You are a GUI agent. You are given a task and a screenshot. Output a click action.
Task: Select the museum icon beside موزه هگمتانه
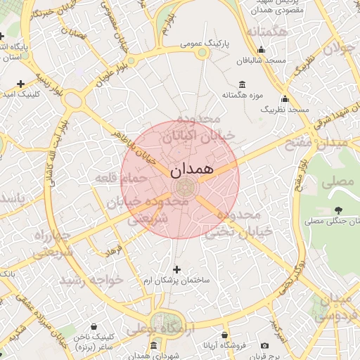pos(243,84)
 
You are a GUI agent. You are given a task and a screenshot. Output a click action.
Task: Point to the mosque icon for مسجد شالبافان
pos(262,50)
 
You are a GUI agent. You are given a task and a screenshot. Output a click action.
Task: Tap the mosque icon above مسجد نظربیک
pos(285,99)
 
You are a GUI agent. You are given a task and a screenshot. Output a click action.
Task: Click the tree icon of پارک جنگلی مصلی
pos(339,210)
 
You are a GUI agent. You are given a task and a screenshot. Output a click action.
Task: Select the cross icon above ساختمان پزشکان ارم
pos(176,269)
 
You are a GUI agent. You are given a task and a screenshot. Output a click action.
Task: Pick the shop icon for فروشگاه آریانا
pos(224,335)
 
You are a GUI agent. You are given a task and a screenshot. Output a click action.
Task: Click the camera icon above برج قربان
pos(264,345)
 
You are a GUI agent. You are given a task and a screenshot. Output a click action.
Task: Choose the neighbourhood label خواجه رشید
pos(91,280)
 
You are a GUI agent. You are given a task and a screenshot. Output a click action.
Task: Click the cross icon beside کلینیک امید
pos(21,84)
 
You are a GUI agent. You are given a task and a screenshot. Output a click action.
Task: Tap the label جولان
pos(336,49)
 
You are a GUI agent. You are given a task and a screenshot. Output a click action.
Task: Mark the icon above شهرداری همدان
pos(154,345)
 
